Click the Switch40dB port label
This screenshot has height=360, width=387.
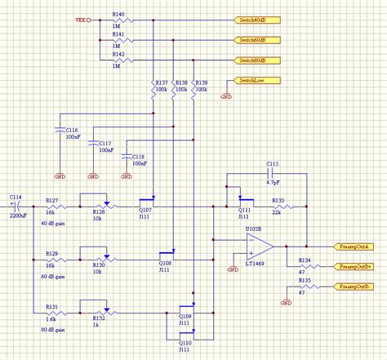255,19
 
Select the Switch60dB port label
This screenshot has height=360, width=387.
255,39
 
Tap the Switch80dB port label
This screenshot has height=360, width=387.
255,60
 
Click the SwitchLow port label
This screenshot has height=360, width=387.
253,80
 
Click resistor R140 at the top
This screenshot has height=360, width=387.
118,19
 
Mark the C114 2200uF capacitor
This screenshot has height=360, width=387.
16,205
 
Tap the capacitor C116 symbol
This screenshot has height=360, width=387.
60,131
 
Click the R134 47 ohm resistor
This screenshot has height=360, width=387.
305,266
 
